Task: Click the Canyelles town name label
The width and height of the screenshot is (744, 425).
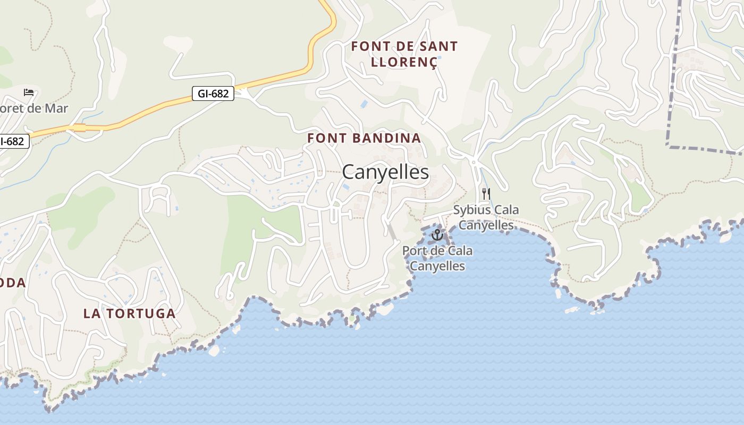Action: pyautogui.click(x=385, y=172)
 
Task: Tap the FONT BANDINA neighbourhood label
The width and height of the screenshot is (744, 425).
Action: pyautogui.click(x=364, y=138)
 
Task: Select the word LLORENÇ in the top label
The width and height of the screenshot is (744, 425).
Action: pyautogui.click(x=404, y=62)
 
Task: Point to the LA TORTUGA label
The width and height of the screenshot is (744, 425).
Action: pyautogui.click(x=129, y=313)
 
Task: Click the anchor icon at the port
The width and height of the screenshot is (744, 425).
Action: pyautogui.click(x=437, y=234)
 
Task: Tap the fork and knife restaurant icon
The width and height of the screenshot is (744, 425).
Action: pyautogui.click(x=486, y=193)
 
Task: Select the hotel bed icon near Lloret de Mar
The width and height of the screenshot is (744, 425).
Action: pyautogui.click(x=29, y=92)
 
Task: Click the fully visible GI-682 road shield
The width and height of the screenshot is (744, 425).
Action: pyautogui.click(x=213, y=94)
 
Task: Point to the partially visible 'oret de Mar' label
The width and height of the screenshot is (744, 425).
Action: pyautogui.click(x=33, y=108)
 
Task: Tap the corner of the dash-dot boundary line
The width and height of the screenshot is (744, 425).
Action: pyautogui.click(x=669, y=145)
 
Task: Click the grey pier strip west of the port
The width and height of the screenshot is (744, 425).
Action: pyautogui.click(x=392, y=232)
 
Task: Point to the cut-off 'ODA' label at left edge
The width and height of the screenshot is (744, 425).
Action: pyautogui.click(x=13, y=283)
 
